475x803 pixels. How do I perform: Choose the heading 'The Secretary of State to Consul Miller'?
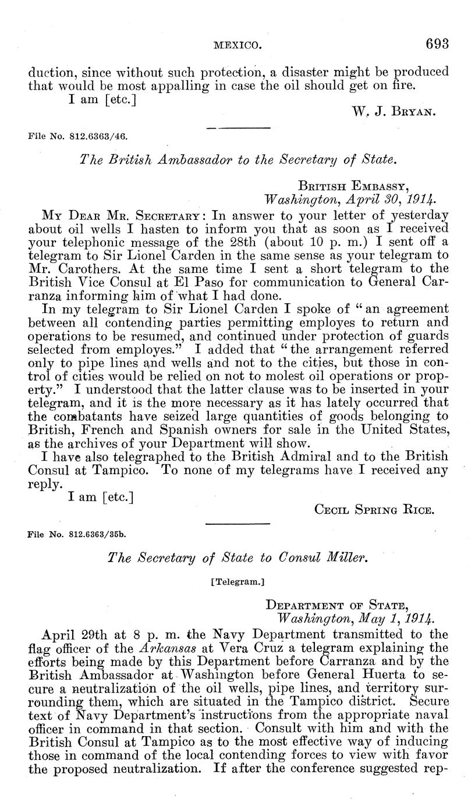coord(239,558)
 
